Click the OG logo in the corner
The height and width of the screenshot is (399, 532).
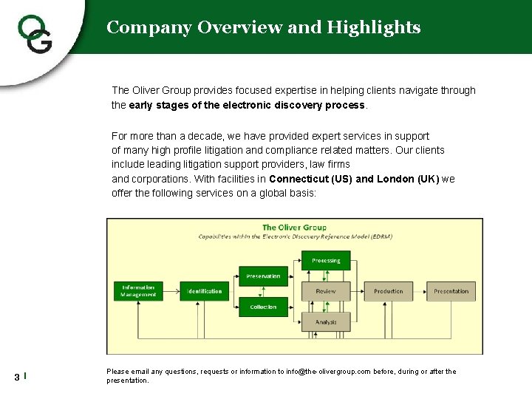click(35, 34)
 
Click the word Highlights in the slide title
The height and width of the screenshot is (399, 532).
click(374, 28)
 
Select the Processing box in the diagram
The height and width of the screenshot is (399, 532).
click(326, 261)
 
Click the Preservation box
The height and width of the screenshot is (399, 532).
click(263, 276)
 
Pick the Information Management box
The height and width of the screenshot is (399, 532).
click(138, 291)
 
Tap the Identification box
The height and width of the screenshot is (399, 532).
click(205, 291)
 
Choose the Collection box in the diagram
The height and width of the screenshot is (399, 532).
click(263, 307)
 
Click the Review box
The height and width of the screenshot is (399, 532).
click(326, 291)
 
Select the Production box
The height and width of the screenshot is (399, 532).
click(389, 291)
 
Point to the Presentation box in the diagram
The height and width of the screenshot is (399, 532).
click(451, 291)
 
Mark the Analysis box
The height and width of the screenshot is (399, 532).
click(326, 321)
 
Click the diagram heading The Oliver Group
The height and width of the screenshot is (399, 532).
click(294, 228)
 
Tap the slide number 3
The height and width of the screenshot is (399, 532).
click(17, 378)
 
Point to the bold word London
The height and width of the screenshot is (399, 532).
click(398, 179)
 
